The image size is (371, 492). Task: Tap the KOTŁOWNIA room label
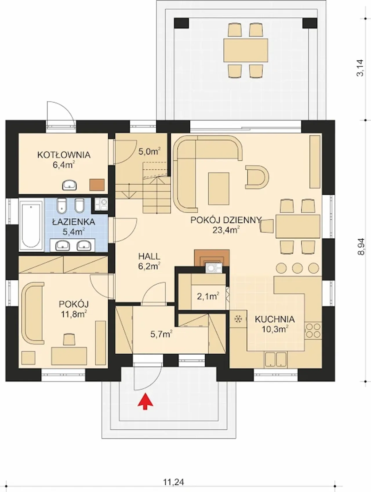coord(64,155)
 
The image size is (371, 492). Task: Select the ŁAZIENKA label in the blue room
coord(74,222)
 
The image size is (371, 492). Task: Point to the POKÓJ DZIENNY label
coord(226,220)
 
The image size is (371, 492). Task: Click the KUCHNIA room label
coord(275,319)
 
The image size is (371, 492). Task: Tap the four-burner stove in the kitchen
coord(313,331)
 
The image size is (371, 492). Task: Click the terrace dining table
coord(246,50)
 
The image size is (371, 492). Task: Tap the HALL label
coord(149,256)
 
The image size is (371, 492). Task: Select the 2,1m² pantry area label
coord(208,296)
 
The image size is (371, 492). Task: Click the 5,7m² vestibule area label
coord(161,334)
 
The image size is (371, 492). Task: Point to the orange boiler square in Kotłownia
coord(97,185)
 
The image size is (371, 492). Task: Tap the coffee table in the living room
coord(219,188)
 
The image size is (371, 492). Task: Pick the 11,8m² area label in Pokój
coord(74,314)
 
